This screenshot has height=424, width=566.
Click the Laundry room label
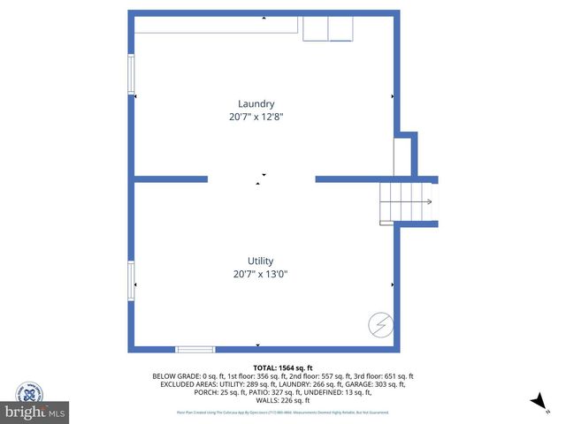256,103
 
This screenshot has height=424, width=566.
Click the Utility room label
260,261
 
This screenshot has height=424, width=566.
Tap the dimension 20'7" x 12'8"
256,117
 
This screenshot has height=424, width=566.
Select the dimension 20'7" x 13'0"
260,274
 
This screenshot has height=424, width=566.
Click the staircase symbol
406,202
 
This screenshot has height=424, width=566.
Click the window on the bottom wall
195,349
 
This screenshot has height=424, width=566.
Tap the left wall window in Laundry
131,74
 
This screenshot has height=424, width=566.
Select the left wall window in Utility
131,285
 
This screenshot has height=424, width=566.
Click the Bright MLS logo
35,412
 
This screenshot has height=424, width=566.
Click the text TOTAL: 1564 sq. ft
283,367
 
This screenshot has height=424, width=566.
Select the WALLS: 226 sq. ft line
283,400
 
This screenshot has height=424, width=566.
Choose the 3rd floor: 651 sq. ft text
386,376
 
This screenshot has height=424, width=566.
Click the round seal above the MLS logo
29,391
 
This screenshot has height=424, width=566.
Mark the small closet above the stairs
403,156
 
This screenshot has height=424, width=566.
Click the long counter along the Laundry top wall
217,26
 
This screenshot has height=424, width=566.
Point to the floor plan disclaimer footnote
283,412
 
